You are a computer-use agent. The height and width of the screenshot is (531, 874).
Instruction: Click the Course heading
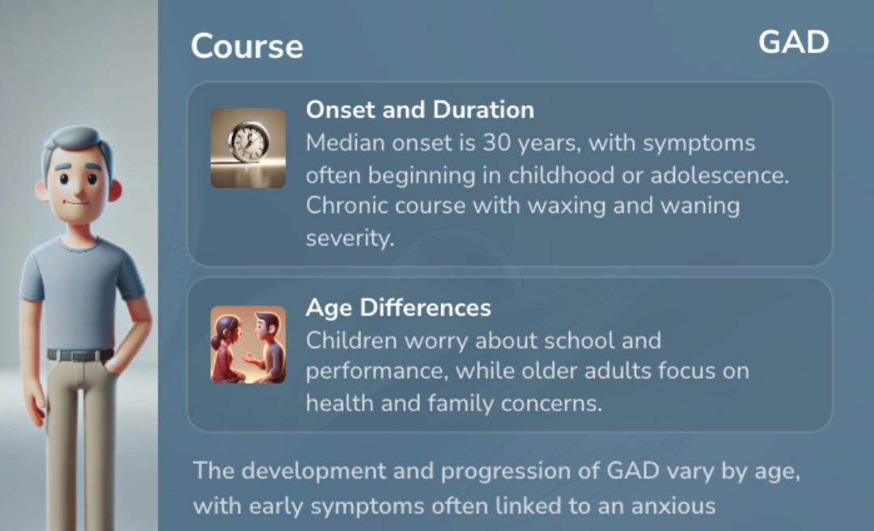tap(247, 46)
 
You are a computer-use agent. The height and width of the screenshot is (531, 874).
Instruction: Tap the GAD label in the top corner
tap(794, 42)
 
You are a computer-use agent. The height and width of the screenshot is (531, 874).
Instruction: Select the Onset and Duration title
tap(420, 109)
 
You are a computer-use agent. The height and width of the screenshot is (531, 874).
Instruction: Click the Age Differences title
tap(398, 308)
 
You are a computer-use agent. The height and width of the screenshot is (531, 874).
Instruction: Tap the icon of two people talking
tap(248, 345)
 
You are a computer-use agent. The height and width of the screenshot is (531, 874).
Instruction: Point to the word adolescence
tap(719, 175)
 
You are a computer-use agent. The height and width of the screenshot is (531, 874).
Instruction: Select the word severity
tap(350, 238)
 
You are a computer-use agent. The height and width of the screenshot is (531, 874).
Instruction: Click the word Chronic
tap(346, 206)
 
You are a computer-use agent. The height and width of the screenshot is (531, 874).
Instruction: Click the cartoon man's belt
tap(79, 355)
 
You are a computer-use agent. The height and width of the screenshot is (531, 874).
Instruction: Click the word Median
tap(346, 142)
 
